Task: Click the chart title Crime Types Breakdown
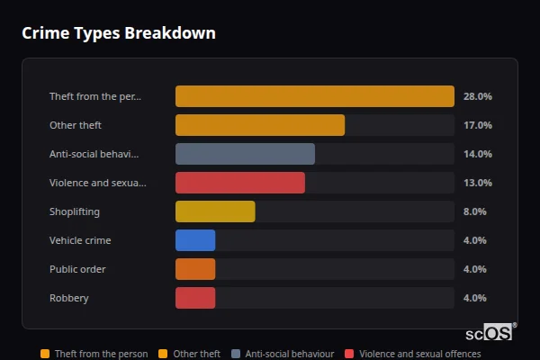(119, 33)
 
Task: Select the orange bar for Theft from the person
(314, 96)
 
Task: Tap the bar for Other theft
(259, 125)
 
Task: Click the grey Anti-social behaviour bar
(245, 154)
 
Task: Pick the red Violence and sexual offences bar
(239, 183)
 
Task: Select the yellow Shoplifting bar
(215, 211)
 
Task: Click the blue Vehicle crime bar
(195, 240)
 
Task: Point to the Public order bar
(195, 269)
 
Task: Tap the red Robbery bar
(195, 298)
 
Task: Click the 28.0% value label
(477, 96)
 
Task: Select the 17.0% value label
(477, 125)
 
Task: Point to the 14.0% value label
(477, 154)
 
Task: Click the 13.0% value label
(477, 183)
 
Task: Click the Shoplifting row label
(75, 211)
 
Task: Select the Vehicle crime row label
(80, 240)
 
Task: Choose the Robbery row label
(69, 298)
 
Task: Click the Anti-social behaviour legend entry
(283, 354)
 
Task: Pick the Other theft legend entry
(190, 354)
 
